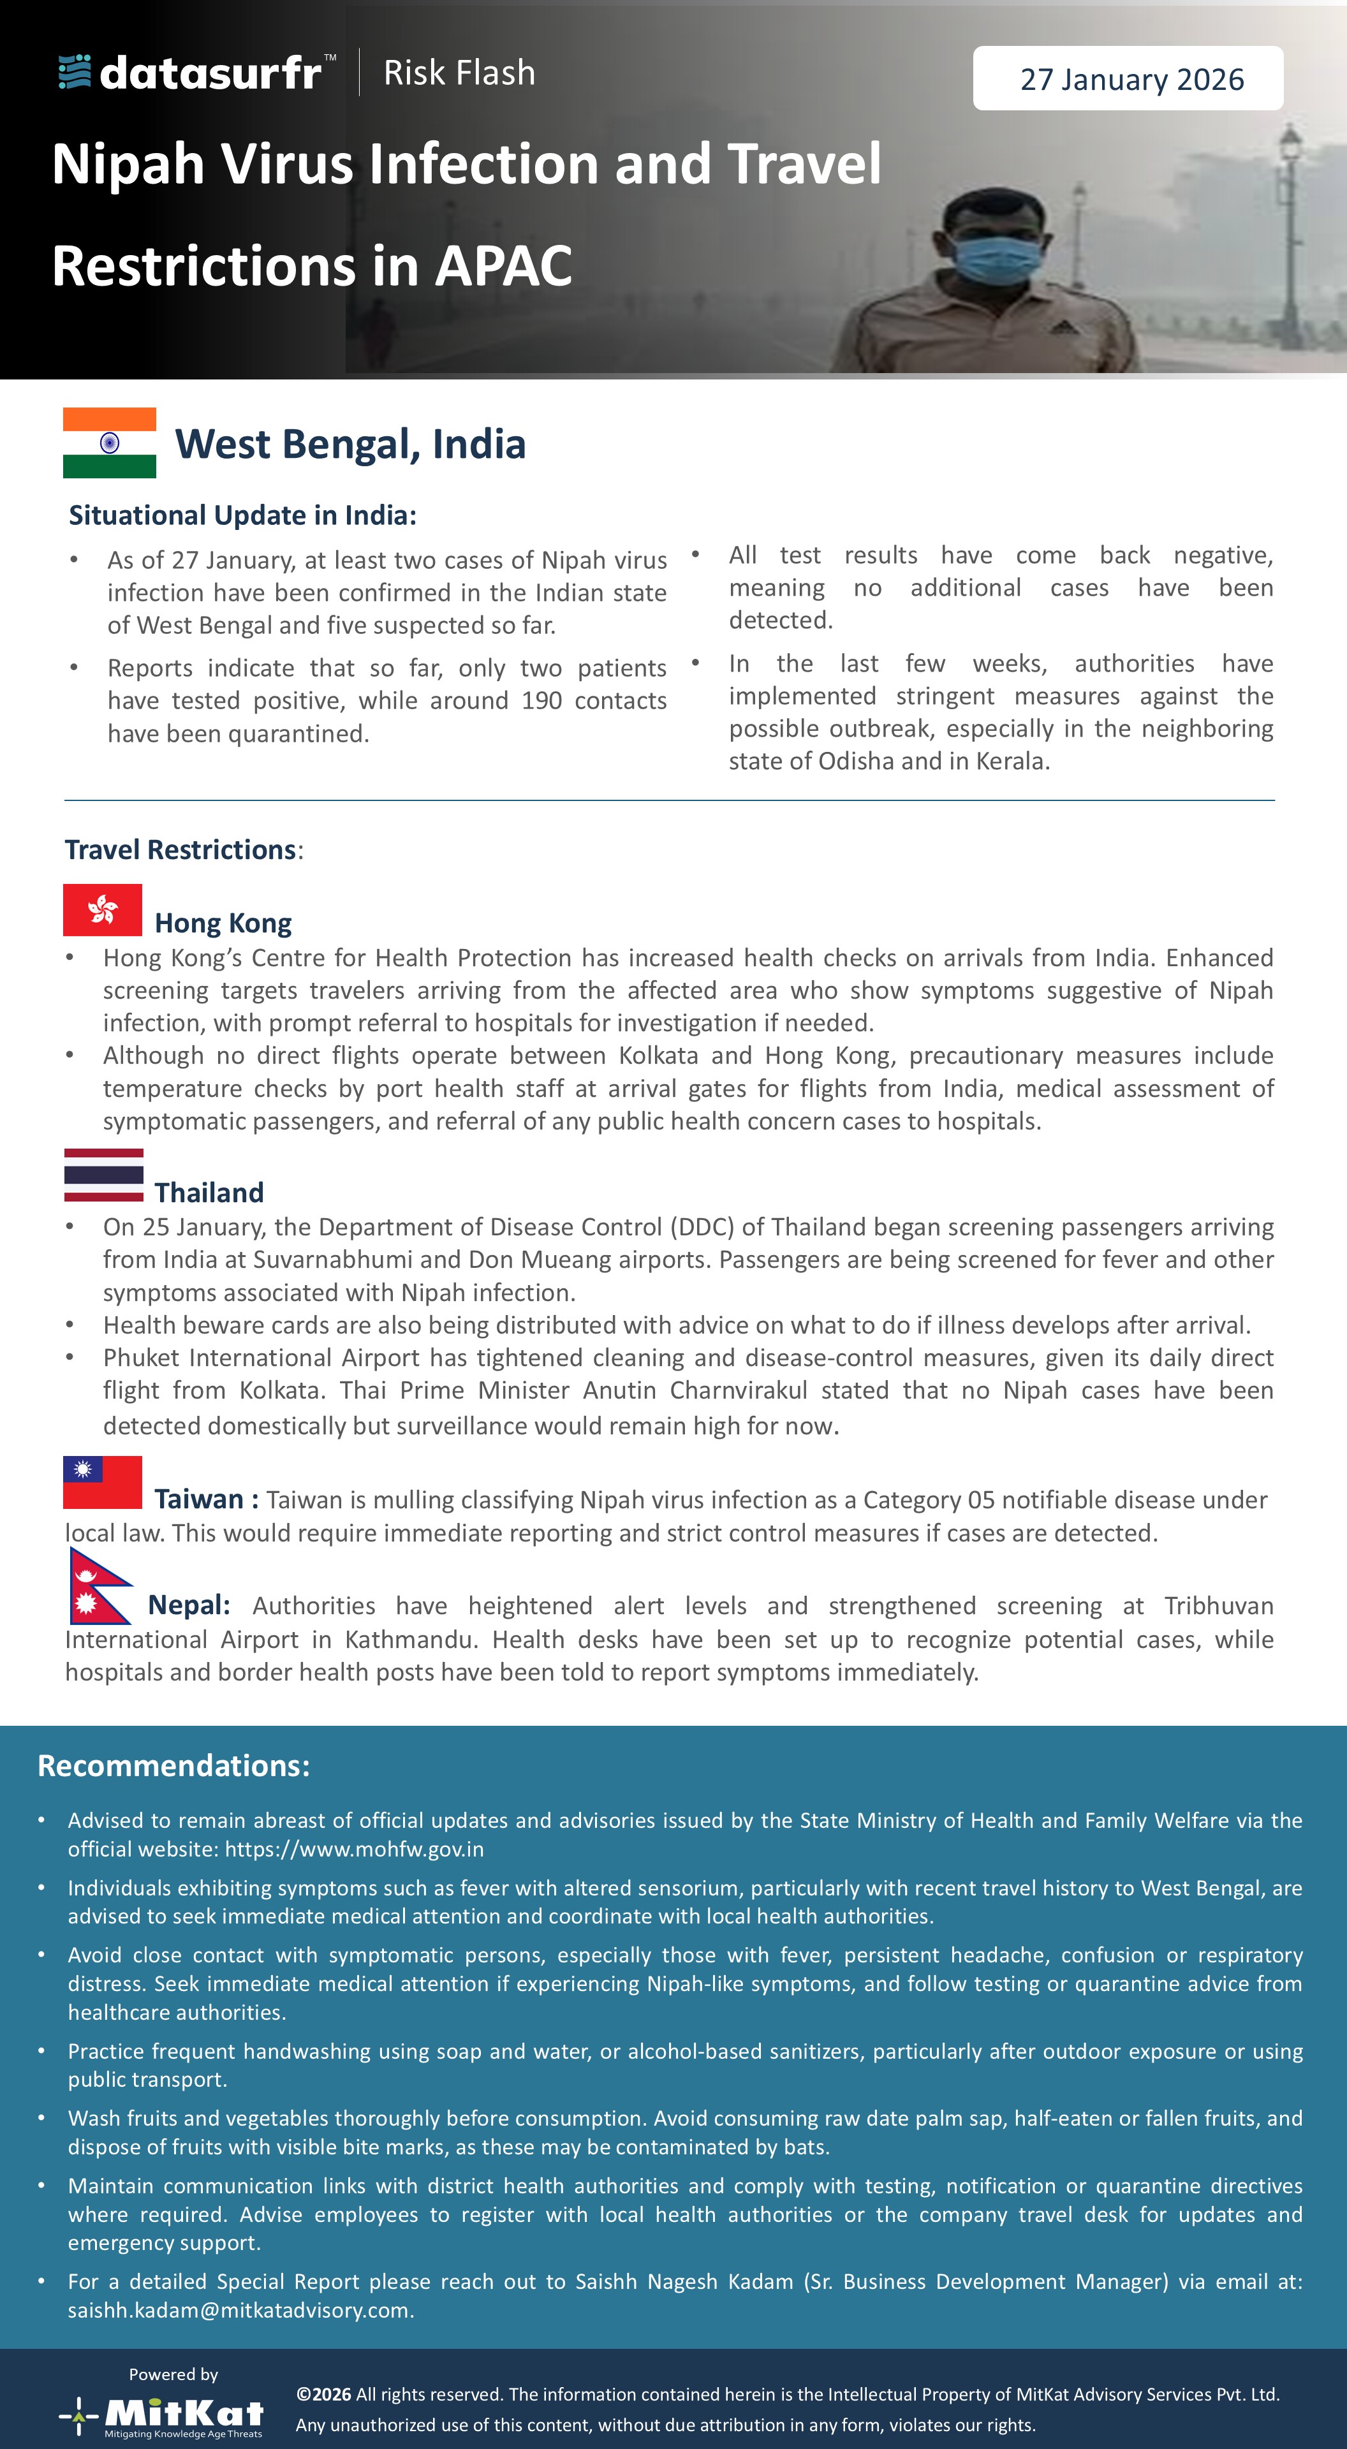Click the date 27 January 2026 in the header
pyautogui.click(x=1131, y=79)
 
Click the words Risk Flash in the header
pyautogui.click(x=459, y=72)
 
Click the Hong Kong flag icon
pyautogui.click(x=103, y=910)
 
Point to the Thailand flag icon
pyautogui.click(x=103, y=1175)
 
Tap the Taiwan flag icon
pyautogui.click(x=103, y=1482)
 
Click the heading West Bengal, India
pyautogui.click(x=350, y=444)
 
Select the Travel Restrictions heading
pyautogui.click(x=180, y=849)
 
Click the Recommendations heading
pyautogui.click(x=174, y=1765)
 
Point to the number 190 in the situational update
pyautogui.click(x=542, y=701)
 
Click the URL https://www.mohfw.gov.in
pyautogui.click(x=355, y=1849)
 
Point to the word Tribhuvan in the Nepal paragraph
pyautogui.click(x=1219, y=1606)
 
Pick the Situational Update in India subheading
pyautogui.click(x=242, y=515)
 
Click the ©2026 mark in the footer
pyautogui.click(x=323, y=2394)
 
